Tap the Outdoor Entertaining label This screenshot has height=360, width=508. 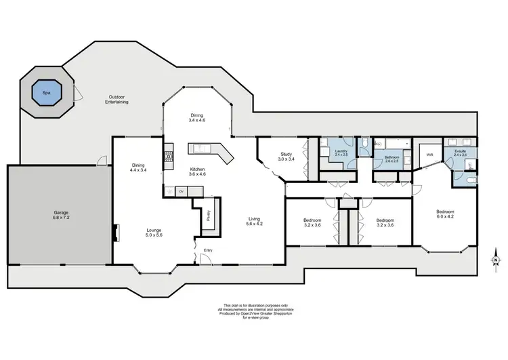[117, 99]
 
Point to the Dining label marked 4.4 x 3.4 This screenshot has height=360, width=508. [137, 168]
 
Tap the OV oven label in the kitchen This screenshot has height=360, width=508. [182, 192]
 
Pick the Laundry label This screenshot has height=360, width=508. [341, 152]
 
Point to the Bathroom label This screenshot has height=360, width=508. [391, 157]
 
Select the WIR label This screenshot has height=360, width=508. [429, 155]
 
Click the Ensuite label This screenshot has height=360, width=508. [461, 152]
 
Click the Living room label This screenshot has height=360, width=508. [254, 220]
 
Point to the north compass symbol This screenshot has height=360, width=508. [496, 260]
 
